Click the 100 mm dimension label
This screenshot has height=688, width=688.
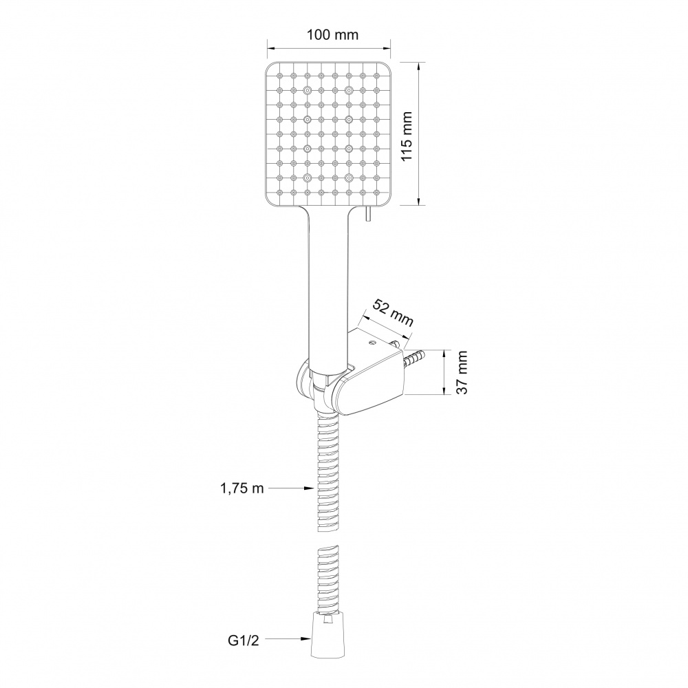pos(332,34)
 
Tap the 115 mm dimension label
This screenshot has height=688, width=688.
pos(407,136)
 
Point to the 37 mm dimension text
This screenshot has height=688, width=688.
pos(462,372)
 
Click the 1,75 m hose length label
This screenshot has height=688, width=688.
pos(242,488)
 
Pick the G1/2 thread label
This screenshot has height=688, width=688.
pos(244,640)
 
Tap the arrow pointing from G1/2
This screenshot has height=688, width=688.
pos(288,640)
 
